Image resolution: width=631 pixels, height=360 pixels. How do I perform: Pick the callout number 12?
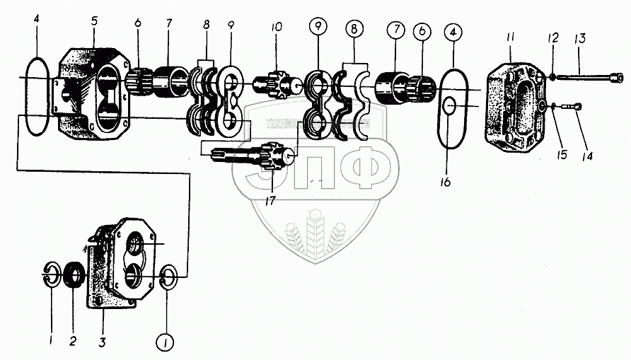pyautogui.click(x=552, y=36)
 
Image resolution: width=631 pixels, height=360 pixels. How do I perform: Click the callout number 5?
pyautogui.click(x=94, y=21)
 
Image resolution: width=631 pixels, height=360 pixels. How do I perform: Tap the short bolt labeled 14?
pyautogui.click(x=569, y=106)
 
